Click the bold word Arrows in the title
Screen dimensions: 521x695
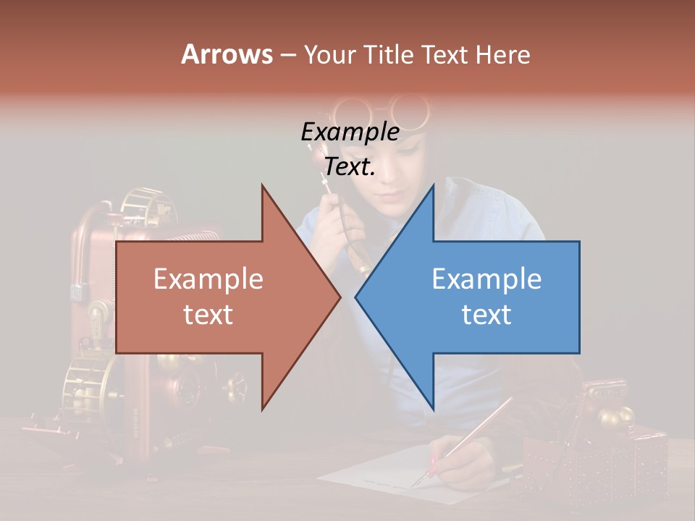click(227, 54)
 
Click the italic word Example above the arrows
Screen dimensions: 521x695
click(350, 132)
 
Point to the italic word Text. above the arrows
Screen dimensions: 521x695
click(350, 167)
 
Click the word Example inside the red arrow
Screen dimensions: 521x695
click(208, 279)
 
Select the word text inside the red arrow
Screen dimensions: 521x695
click(208, 315)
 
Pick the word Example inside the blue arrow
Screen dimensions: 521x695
click(486, 279)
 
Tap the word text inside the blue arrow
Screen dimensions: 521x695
click(486, 315)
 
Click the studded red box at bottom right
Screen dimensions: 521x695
click(594, 463)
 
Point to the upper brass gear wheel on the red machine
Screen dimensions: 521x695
click(145, 206)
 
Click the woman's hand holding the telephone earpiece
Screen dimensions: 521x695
click(334, 221)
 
